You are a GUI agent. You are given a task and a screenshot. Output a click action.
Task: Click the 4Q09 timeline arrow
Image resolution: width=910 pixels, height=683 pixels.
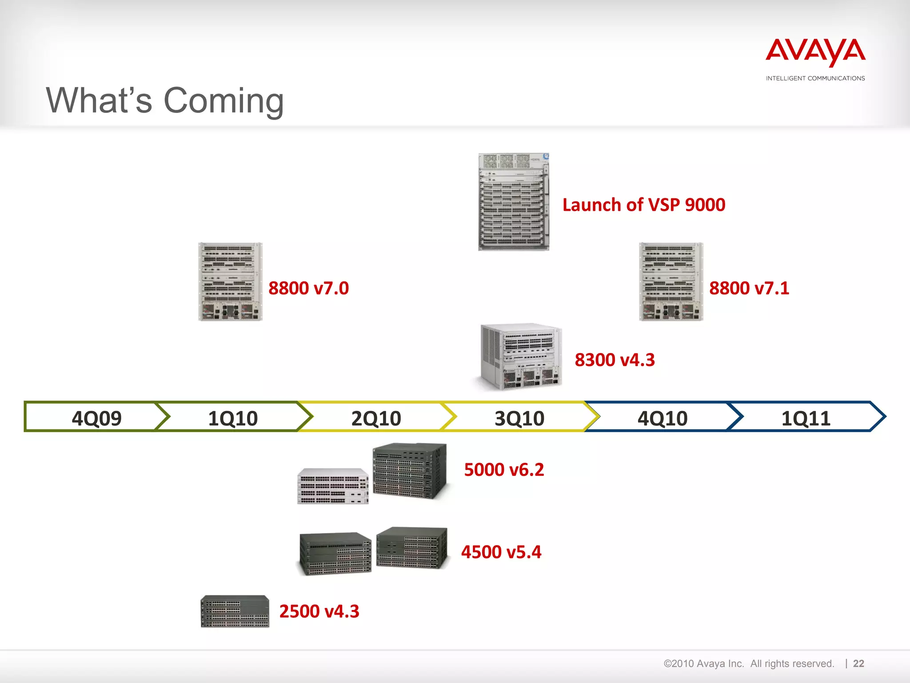[x=96, y=418]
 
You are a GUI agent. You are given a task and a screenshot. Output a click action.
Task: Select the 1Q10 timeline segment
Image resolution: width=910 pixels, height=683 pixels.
[x=233, y=418]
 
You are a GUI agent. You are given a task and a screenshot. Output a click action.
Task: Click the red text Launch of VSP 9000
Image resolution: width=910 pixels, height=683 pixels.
[x=643, y=205]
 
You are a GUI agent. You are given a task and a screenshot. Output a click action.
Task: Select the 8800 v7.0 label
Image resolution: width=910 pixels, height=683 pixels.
[x=308, y=288]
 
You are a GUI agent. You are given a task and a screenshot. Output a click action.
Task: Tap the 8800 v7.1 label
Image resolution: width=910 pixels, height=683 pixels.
[x=749, y=288]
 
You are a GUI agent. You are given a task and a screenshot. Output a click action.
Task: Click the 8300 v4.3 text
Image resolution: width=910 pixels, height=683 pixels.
[x=615, y=360]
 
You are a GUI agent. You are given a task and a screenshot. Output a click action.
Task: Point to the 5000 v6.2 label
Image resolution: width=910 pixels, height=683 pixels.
[x=504, y=470]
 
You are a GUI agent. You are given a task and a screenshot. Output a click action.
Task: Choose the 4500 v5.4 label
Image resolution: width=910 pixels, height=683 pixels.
[x=501, y=552]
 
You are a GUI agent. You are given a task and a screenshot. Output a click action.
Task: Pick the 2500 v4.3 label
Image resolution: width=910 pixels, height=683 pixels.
[x=319, y=611]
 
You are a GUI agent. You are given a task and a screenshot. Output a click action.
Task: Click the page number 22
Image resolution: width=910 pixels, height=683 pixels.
[x=858, y=663]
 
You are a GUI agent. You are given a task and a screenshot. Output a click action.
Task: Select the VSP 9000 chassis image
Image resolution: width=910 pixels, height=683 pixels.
[x=514, y=202]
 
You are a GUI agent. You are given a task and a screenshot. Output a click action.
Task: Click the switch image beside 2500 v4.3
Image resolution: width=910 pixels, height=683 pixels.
[x=235, y=611]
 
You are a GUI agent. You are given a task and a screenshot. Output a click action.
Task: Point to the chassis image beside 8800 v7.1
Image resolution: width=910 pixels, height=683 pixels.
[x=671, y=281]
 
